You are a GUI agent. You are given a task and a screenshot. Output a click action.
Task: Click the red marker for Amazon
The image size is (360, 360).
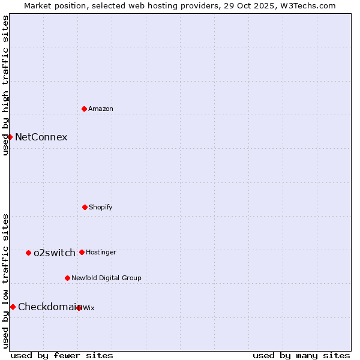coord(84,109)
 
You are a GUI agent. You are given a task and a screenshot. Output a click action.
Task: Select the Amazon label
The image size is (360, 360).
coord(101,109)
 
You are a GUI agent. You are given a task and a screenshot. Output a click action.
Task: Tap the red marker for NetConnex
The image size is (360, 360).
coord(10,137)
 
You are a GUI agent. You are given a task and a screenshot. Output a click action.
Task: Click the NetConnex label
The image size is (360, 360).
coord(41,137)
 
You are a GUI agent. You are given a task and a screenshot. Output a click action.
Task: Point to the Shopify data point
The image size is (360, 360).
coord(85,207)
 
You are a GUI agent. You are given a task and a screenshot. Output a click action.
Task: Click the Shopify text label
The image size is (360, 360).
coord(101,208)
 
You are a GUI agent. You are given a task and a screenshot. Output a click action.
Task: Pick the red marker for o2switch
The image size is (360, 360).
coord(28,253)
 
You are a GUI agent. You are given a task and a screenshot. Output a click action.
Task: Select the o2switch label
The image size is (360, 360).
coord(55,253)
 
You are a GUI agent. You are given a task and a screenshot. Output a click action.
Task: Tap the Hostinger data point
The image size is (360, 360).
coord(82,252)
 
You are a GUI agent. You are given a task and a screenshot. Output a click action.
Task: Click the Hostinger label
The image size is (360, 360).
coord(101,253)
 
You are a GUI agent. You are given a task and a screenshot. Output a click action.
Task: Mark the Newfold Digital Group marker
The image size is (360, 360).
coord(67,278)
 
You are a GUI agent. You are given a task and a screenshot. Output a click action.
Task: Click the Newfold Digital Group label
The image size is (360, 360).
coord(106,278)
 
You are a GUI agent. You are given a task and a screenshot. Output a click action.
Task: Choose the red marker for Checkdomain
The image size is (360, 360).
coord(13,307)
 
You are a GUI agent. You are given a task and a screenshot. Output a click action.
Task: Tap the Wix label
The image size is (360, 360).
coord(89,308)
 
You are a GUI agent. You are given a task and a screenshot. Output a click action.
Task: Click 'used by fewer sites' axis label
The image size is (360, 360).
coord(62,355)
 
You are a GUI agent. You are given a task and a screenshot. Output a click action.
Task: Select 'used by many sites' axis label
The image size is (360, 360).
coord(301,355)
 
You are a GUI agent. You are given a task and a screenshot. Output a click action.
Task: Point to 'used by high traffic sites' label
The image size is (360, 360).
coord(5,85)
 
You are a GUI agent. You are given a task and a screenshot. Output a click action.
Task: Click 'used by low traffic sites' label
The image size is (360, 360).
coord(5,281)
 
